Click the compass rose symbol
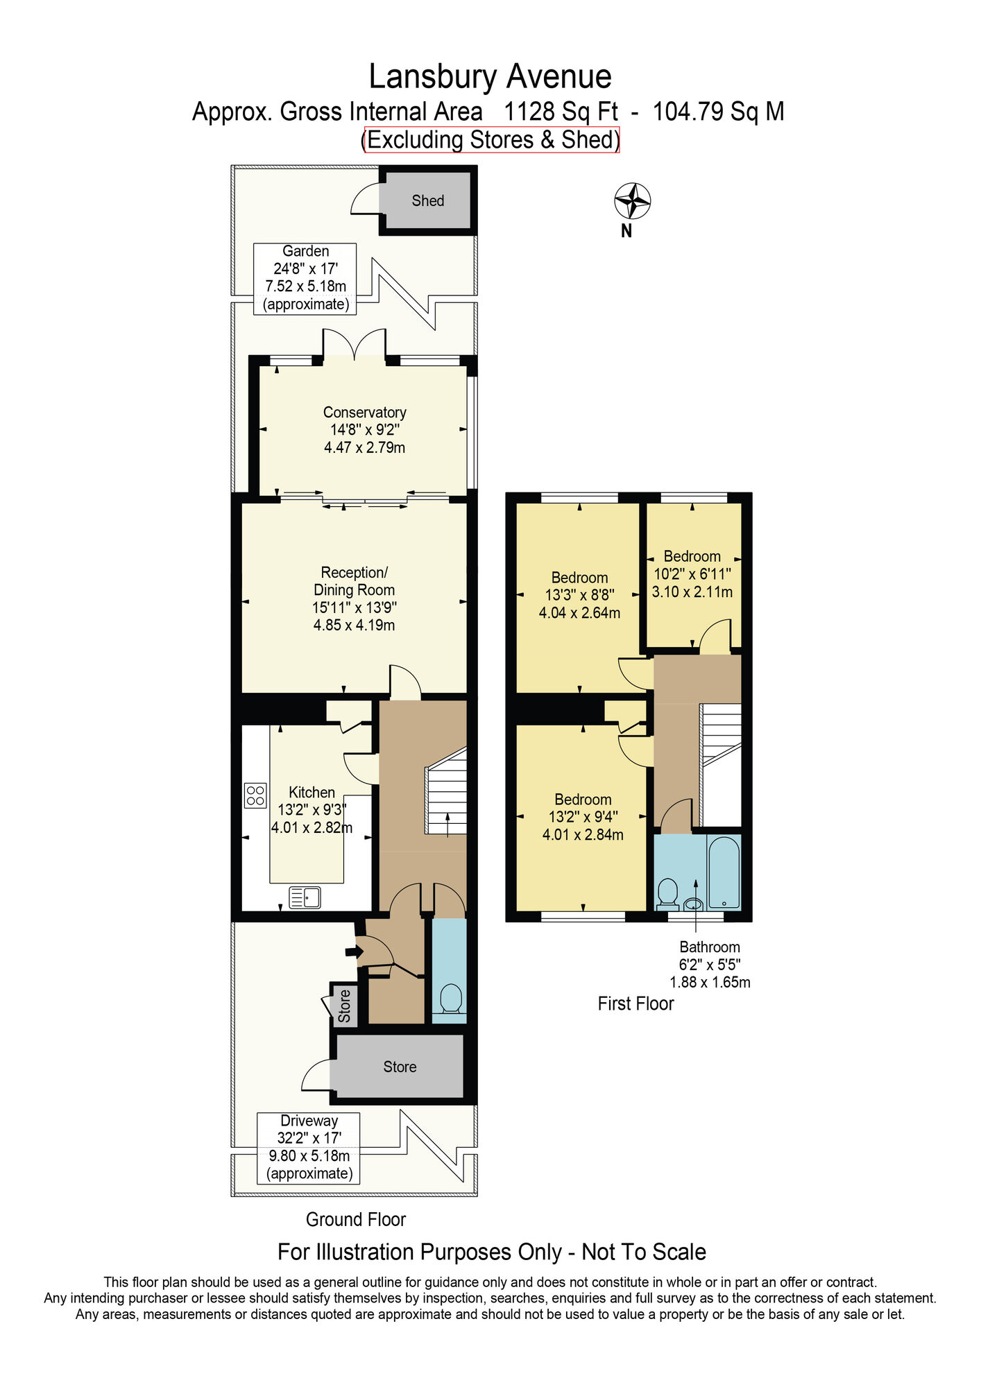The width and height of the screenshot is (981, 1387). click(x=632, y=201)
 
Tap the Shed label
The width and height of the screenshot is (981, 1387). click(x=427, y=200)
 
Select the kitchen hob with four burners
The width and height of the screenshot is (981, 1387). click(x=255, y=795)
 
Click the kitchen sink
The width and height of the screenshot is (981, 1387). click(x=305, y=897)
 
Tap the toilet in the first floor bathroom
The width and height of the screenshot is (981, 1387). click(x=668, y=895)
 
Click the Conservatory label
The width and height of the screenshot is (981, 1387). click(x=364, y=412)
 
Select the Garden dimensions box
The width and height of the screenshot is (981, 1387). click(x=305, y=278)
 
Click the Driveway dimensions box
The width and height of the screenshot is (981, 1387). click(x=309, y=1148)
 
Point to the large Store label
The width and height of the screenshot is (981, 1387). click(x=400, y=1067)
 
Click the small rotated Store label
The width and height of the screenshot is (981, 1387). click(x=344, y=1006)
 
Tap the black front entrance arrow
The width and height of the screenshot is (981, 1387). click(x=353, y=952)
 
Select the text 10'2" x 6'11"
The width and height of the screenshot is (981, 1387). click(x=692, y=574)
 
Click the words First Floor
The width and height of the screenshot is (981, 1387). click(x=635, y=1003)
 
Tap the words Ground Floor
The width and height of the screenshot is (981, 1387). click(x=356, y=1219)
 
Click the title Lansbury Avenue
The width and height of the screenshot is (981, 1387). click(x=490, y=76)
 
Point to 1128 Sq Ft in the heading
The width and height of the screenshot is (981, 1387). click(x=561, y=111)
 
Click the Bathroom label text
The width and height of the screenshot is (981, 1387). click(x=710, y=947)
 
